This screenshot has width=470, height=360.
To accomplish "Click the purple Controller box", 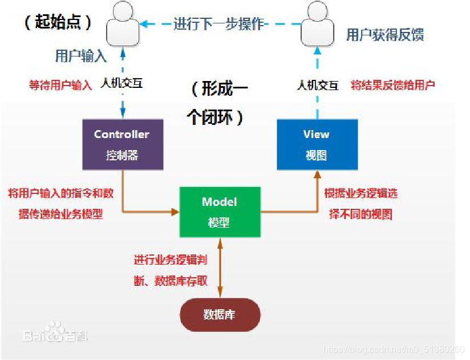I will pyautogui.click(x=123, y=144).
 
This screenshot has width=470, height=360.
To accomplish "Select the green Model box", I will pyautogui.click(x=220, y=212).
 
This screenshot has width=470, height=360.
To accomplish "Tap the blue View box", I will pyautogui.click(x=317, y=144).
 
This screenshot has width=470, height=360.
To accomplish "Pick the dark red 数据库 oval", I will pyautogui.click(x=220, y=315).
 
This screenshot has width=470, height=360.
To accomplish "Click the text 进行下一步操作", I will pyautogui.click(x=219, y=24).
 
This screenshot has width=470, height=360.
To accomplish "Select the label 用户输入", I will pyautogui.click(x=81, y=55).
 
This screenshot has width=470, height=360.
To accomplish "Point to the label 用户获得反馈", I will pyautogui.click(x=385, y=35).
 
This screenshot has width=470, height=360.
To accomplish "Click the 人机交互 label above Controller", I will pyautogui.click(x=121, y=83).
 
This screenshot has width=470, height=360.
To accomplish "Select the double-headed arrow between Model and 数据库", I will pyautogui.click(x=220, y=268).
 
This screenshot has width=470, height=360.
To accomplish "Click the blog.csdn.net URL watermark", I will pyautogui.click(x=394, y=349).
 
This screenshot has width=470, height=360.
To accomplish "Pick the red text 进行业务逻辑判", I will pyautogui.click(x=171, y=260).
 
